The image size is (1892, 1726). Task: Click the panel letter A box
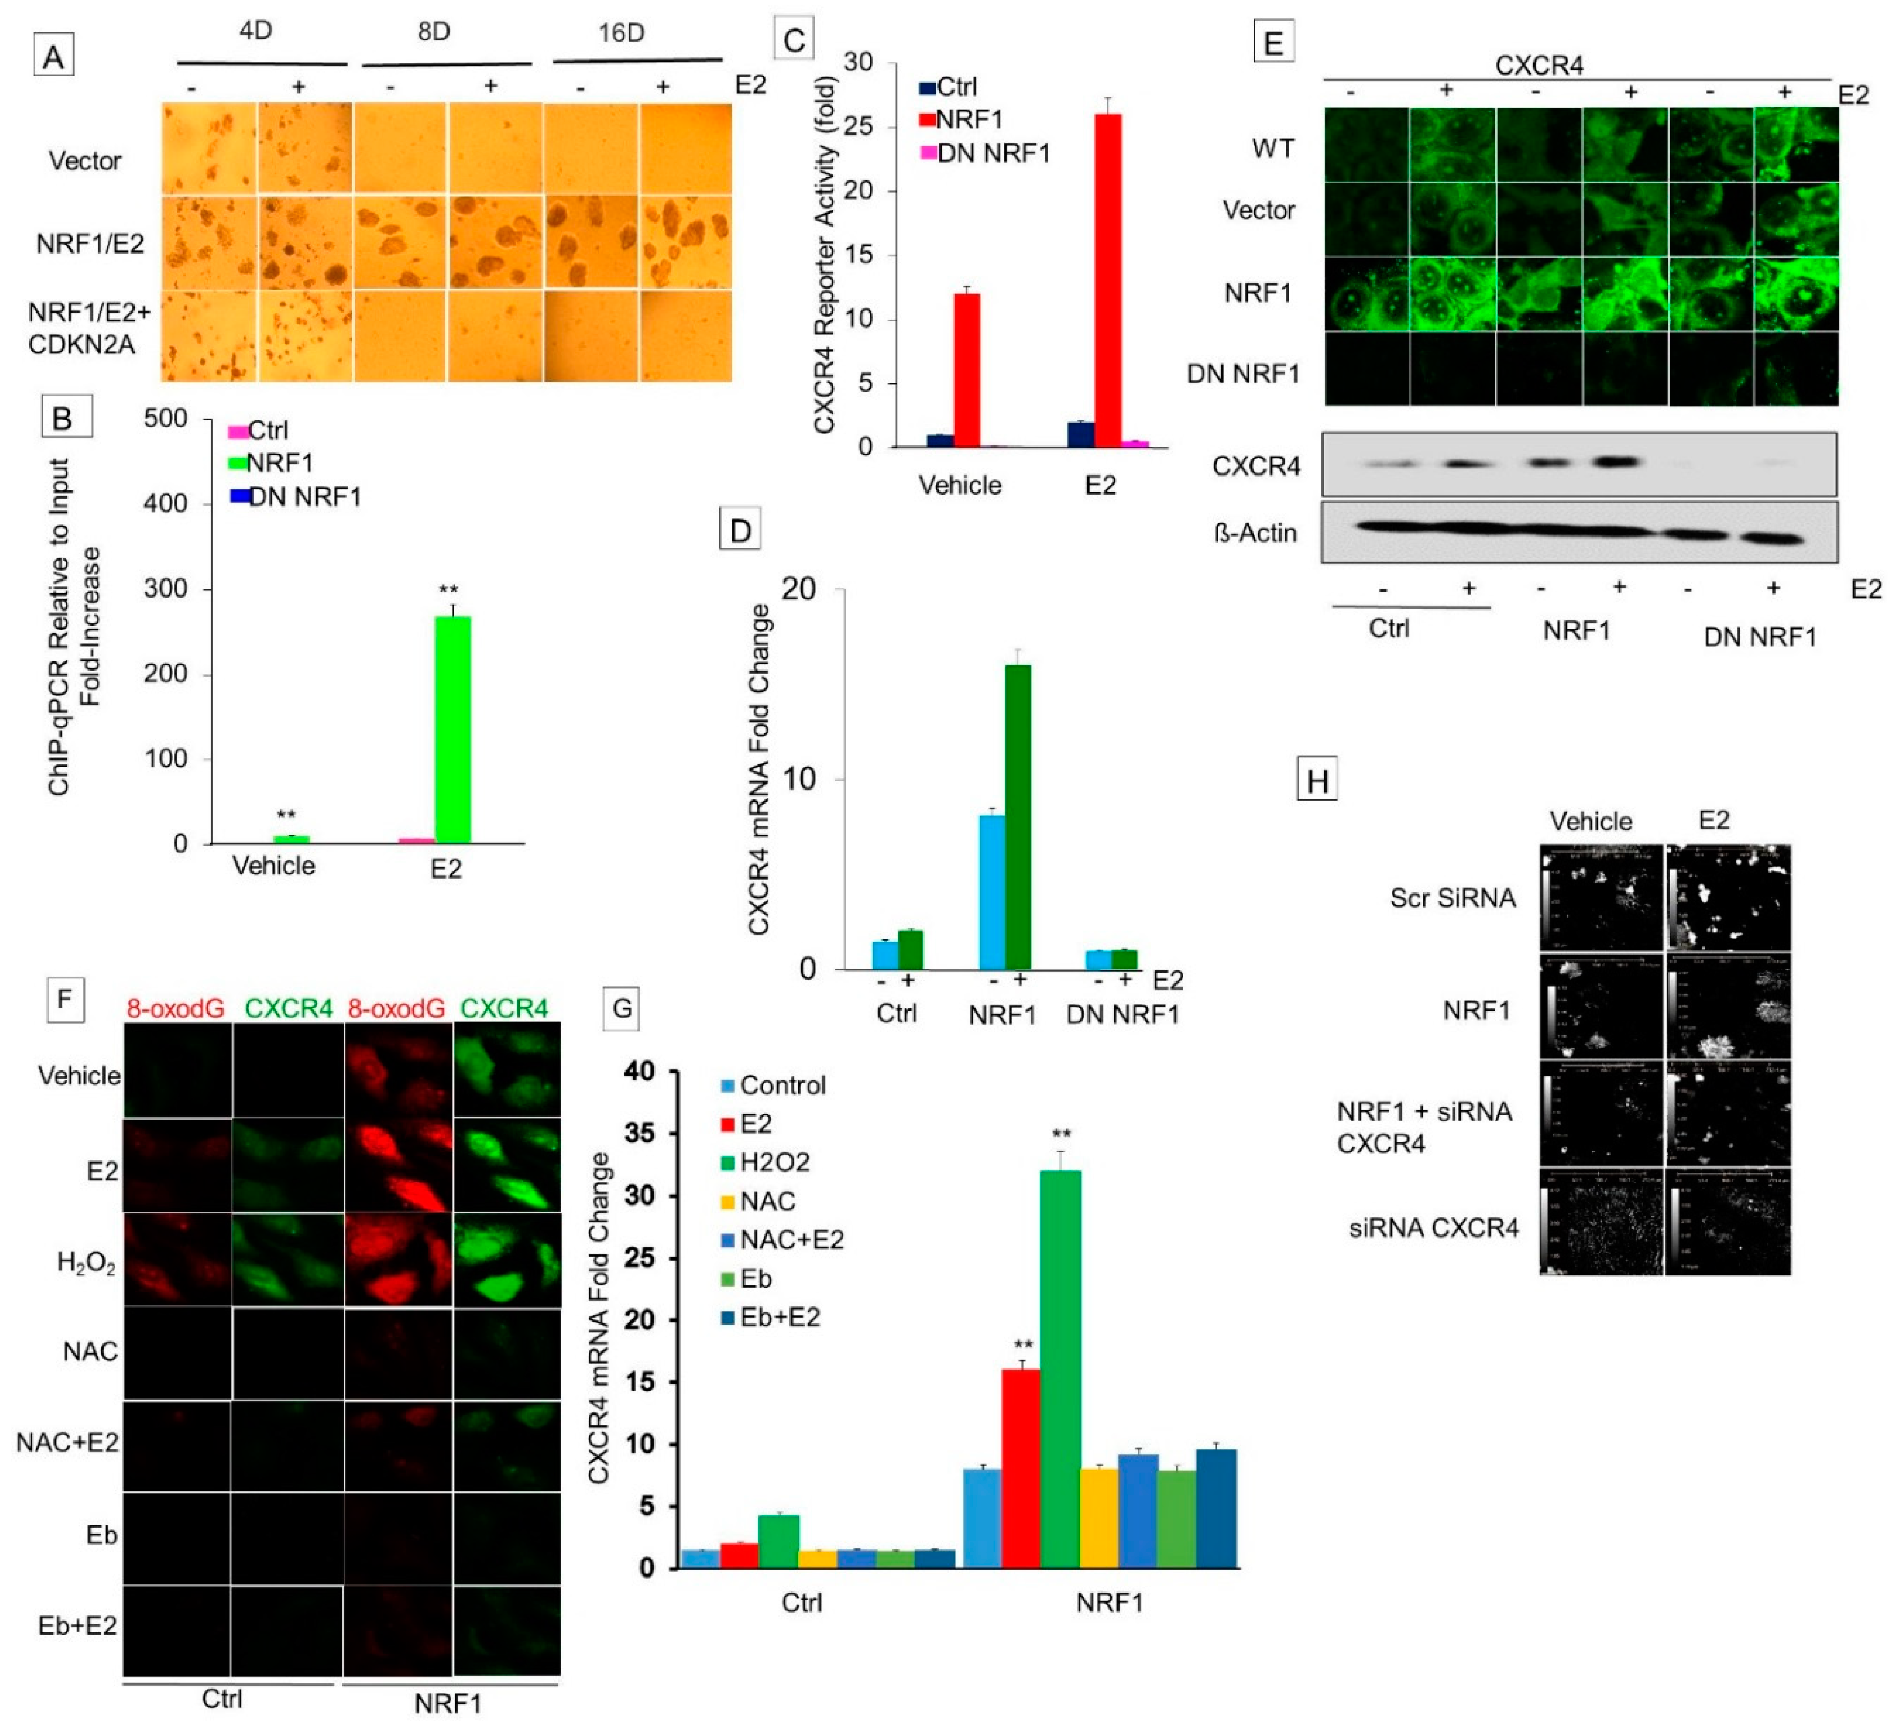point(53,56)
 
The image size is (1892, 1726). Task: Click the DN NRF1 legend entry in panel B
point(295,497)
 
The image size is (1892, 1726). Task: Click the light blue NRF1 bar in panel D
point(992,891)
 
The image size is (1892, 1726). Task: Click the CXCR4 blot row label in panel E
point(1256,467)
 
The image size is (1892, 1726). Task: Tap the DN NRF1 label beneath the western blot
point(1760,637)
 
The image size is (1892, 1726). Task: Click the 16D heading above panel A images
point(621,33)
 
